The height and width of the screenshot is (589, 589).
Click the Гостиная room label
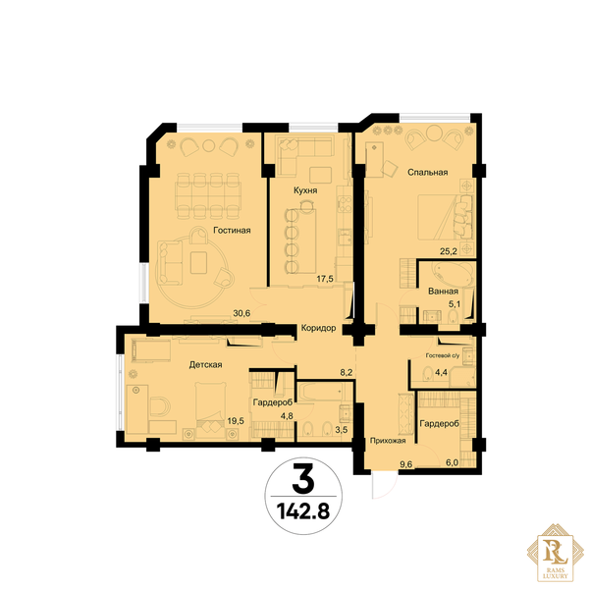(x=232, y=231)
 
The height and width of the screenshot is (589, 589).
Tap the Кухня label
(x=305, y=190)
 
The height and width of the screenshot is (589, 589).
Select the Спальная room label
(x=427, y=173)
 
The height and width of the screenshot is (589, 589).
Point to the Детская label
(x=205, y=365)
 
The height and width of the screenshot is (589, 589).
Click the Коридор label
(x=318, y=328)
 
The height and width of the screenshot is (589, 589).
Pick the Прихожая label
(x=388, y=441)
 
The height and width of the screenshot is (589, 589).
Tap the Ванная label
(x=444, y=292)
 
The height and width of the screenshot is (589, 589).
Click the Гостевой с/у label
(x=442, y=355)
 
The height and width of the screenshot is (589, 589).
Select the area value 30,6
(x=241, y=313)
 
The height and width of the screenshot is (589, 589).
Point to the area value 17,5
(x=325, y=279)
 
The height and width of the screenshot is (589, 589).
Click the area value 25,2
(x=449, y=251)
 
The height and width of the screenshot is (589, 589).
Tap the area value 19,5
(x=236, y=421)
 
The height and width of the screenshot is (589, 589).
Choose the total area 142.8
(x=303, y=511)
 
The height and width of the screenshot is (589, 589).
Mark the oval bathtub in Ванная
(x=452, y=274)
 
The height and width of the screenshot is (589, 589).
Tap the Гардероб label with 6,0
(x=439, y=424)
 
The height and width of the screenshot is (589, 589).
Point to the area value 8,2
(x=347, y=372)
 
